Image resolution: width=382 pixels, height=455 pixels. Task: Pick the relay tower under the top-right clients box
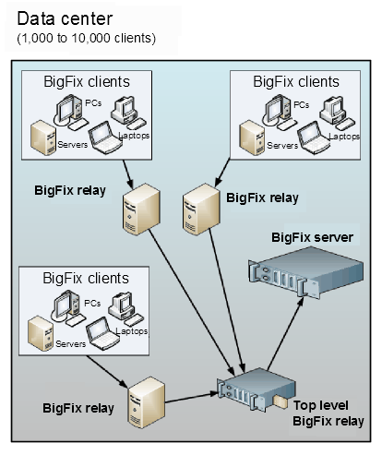tap(200, 202)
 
